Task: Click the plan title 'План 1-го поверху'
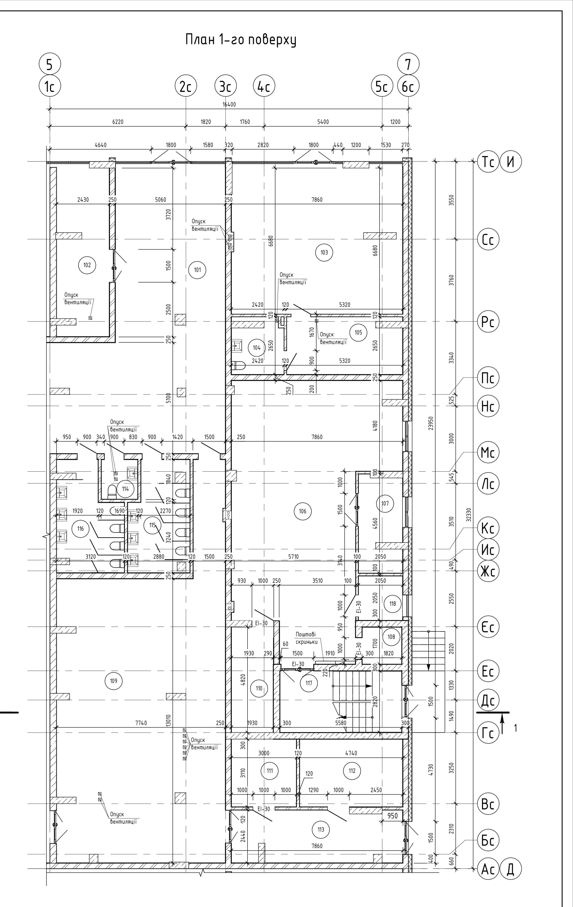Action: [241, 40]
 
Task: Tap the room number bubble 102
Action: [87, 265]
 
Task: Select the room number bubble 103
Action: [324, 252]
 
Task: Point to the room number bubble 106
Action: [302, 511]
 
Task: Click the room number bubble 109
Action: [114, 681]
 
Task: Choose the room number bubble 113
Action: [321, 830]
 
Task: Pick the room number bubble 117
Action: [309, 683]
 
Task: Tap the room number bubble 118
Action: [393, 604]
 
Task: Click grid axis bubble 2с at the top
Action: [186, 87]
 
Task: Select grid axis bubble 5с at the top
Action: [382, 87]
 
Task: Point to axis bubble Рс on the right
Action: [488, 322]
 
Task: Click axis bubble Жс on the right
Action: [488, 571]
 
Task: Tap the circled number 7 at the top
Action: [408, 64]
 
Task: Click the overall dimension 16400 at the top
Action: [229, 104]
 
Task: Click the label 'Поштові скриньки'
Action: [306, 638]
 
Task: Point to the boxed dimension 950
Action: [392, 816]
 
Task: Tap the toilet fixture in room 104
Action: [238, 365]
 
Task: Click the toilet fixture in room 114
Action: [112, 491]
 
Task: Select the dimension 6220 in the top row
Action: [118, 122]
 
